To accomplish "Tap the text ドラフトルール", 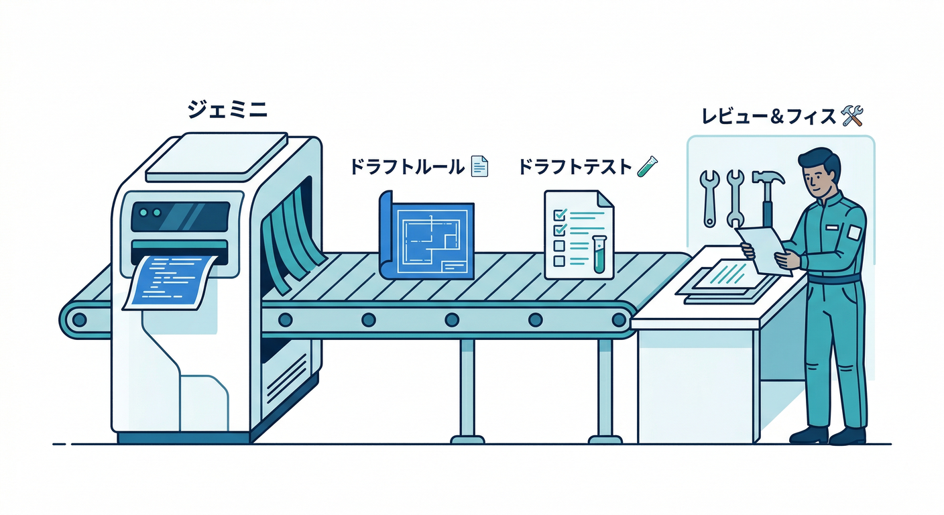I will click(x=406, y=166).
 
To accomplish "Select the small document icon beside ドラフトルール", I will click(x=479, y=166).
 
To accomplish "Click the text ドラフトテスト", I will click(x=575, y=166).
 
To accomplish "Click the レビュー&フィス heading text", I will click(x=768, y=116).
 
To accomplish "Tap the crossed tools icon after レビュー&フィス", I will click(x=851, y=116).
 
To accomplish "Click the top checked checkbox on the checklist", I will click(x=558, y=215).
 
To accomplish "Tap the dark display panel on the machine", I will click(x=180, y=217).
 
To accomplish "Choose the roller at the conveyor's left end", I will click(x=79, y=319).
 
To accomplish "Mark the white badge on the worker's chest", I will click(x=853, y=232).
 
